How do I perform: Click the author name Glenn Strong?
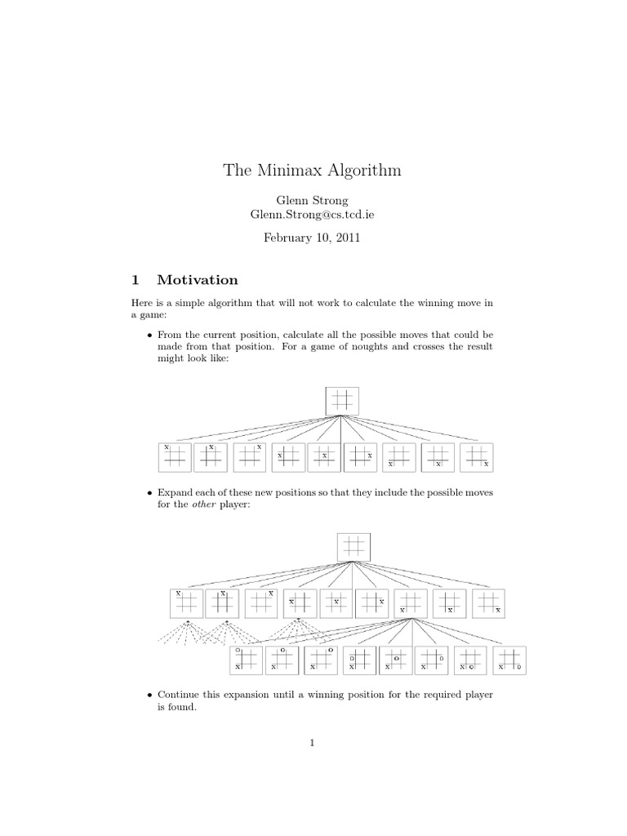tap(313, 199)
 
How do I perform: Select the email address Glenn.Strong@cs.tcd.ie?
tap(313, 214)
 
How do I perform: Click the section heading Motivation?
tap(198, 280)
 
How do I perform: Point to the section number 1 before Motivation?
tap(135, 280)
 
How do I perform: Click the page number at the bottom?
tap(313, 742)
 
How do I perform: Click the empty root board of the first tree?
tap(342, 399)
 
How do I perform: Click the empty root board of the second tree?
tap(354, 546)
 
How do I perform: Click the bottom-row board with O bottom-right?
tap(510, 660)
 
